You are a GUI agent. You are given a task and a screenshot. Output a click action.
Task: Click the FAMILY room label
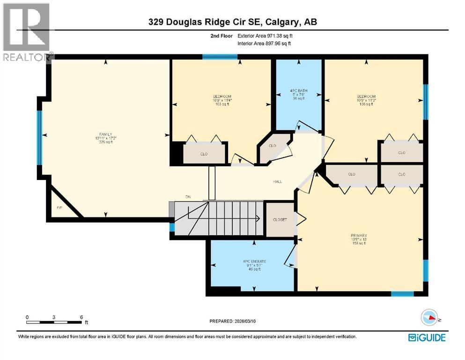[x=105, y=134]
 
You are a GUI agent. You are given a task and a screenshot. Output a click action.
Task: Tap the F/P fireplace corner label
[x=59, y=207]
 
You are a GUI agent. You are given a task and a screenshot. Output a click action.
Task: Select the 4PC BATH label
[x=298, y=90]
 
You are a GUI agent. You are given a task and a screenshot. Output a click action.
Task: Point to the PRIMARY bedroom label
[x=359, y=235]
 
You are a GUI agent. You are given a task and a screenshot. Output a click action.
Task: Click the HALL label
[x=277, y=181]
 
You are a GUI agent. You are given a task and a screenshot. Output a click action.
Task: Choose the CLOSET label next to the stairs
[x=280, y=219]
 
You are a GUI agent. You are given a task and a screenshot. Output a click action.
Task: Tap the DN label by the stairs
[x=188, y=197]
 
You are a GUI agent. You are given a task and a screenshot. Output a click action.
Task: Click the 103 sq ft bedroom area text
[x=221, y=104]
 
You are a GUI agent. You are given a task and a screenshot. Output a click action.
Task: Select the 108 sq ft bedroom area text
[x=366, y=104]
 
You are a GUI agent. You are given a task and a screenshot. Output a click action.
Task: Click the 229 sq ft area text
[x=105, y=142]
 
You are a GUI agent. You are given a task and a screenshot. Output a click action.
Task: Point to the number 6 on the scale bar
[x=81, y=317]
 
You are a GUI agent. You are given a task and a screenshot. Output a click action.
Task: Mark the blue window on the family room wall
[x=40, y=138]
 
